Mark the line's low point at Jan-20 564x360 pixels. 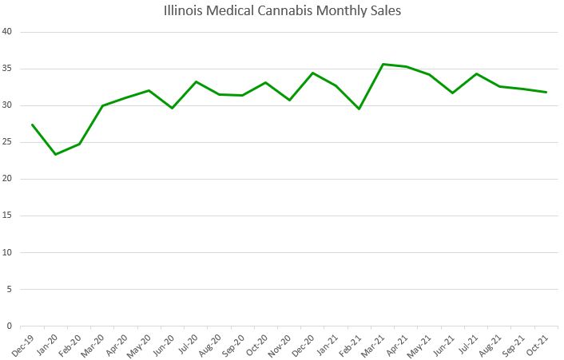[55, 154]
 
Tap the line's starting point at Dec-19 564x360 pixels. [32, 125]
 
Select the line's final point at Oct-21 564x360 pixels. [546, 92]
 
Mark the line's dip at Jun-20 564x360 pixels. [172, 108]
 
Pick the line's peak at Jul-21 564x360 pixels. [476, 73]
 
